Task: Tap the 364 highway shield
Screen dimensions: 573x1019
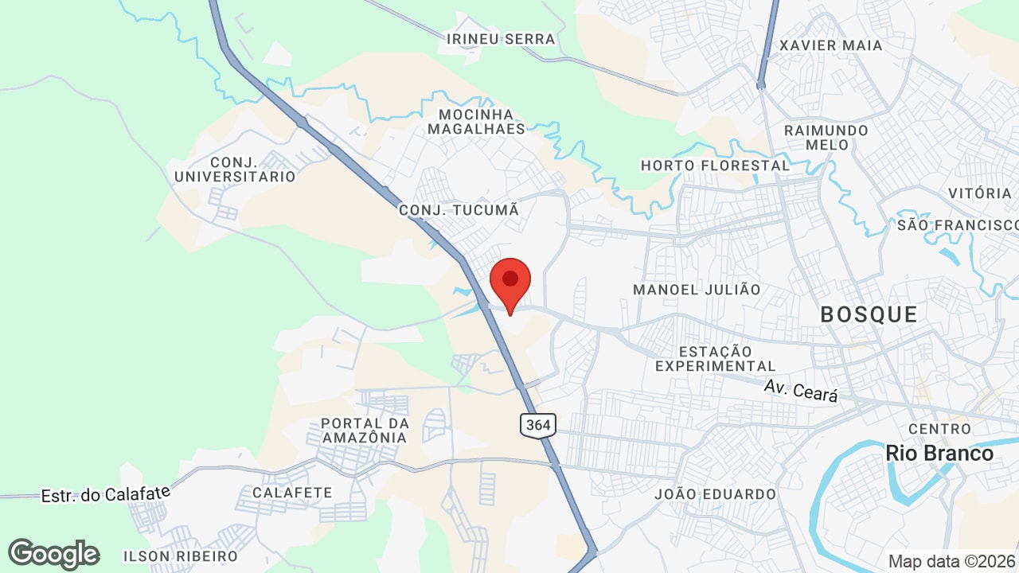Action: click(538, 425)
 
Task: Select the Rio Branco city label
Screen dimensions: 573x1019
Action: click(939, 453)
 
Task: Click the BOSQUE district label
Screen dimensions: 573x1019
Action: click(869, 314)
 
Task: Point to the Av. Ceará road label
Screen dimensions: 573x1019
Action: click(801, 390)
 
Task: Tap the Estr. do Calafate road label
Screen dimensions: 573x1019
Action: click(106, 494)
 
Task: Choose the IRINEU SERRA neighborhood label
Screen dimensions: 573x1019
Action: click(501, 38)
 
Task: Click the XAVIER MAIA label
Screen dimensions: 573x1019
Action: click(830, 45)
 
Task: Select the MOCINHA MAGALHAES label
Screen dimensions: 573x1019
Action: click(476, 121)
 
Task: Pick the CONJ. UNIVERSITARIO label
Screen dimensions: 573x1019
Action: click(235, 170)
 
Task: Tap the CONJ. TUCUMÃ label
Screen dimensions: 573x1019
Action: click(459, 210)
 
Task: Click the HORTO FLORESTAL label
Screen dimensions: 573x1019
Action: click(715, 166)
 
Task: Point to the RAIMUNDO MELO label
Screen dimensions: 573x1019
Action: click(826, 137)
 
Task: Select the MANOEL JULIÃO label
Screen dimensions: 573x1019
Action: click(697, 290)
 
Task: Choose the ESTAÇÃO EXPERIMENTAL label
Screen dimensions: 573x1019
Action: click(715, 358)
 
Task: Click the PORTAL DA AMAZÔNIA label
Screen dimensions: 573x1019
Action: click(365, 430)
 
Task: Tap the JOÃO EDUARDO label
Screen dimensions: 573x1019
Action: click(715, 494)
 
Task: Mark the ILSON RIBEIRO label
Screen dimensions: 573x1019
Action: click(181, 555)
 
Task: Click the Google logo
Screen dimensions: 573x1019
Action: click(53, 554)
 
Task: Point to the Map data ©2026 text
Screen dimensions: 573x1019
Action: click(952, 561)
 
